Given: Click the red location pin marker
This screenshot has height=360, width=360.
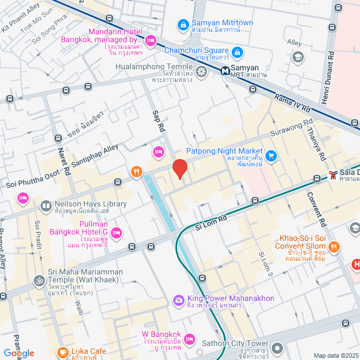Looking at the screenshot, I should coord(179,169).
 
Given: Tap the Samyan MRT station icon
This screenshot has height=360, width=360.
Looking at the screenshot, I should coord(225,71).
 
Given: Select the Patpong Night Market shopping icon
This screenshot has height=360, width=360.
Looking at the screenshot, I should coord(271,155).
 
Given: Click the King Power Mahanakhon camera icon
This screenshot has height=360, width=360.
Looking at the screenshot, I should coord(179,300).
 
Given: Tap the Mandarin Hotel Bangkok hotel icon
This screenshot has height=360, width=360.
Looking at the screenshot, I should coord(151,40).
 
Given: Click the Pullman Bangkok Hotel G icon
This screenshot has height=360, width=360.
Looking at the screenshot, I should coord(116,232).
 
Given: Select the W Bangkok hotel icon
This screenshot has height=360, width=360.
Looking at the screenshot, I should coord(189,339).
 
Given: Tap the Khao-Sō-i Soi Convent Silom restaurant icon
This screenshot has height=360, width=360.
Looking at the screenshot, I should coord(334,246).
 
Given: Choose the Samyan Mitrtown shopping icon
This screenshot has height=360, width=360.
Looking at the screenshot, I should coord(183,25).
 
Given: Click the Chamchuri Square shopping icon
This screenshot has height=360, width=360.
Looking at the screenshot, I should coord(237,52).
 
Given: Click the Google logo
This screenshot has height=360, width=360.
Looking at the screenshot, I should coord(19,353).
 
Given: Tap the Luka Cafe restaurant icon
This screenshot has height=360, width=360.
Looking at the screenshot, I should coord(64,352).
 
